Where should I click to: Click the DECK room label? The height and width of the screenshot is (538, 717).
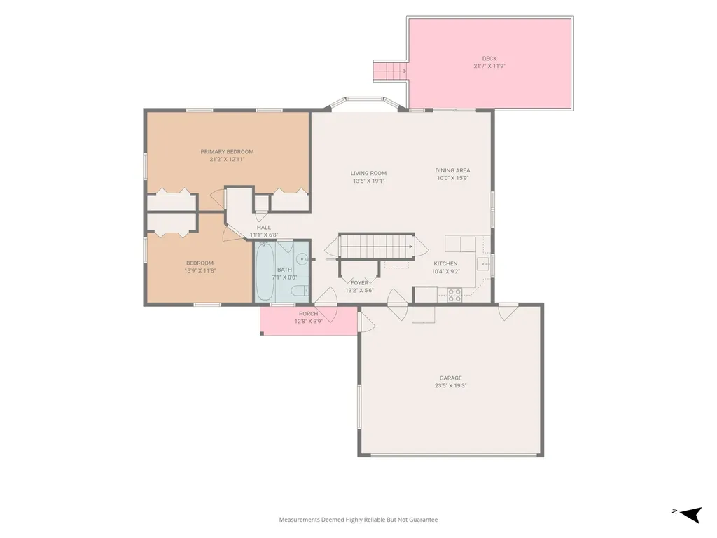click(x=489, y=59)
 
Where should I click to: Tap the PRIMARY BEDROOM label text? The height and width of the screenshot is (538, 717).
click(x=227, y=152)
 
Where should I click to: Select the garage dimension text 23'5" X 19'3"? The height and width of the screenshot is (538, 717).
click(x=450, y=386)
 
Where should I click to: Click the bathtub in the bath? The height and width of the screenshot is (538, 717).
click(x=265, y=271)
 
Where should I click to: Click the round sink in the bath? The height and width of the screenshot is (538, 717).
click(x=302, y=260)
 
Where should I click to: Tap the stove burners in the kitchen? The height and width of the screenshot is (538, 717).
click(x=454, y=295)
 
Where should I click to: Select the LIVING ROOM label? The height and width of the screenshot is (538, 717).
click(x=368, y=174)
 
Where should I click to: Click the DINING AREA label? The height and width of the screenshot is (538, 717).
click(x=453, y=171)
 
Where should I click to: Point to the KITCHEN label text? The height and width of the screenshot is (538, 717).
click(x=445, y=264)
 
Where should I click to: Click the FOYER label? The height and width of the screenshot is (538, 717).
click(x=359, y=283)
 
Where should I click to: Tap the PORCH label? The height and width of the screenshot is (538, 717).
click(x=309, y=314)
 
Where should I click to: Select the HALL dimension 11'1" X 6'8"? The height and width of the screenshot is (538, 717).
click(x=264, y=235)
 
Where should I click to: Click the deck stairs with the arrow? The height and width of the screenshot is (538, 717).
click(x=390, y=71)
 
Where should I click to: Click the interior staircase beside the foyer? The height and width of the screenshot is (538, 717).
click(x=376, y=247)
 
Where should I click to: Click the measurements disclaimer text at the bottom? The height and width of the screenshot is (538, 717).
click(x=358, y=520)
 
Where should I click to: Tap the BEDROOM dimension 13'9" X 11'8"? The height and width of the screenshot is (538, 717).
click(x=200, y=271)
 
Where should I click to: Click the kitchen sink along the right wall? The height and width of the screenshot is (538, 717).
click(x=483, y=264)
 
